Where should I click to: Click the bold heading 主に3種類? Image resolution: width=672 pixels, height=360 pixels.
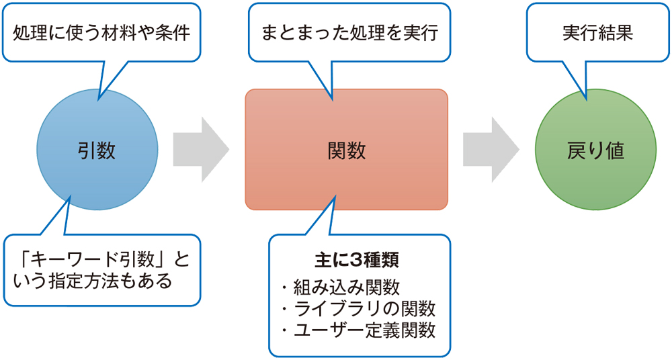pyautogui.click(x=358, y=259)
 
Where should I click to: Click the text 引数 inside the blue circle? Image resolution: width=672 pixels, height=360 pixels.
pyautogui.click(x=97, y=150)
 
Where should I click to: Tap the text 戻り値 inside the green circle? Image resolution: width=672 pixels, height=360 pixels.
pyautogui.click(x=595, y=150)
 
